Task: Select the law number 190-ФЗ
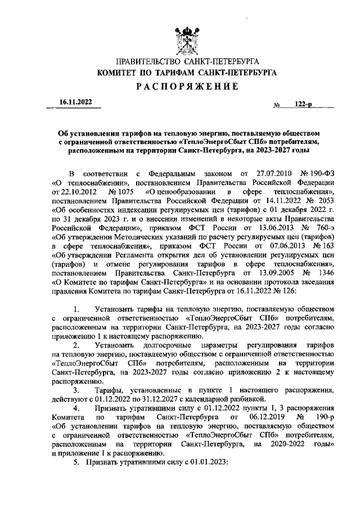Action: point(321,173)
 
